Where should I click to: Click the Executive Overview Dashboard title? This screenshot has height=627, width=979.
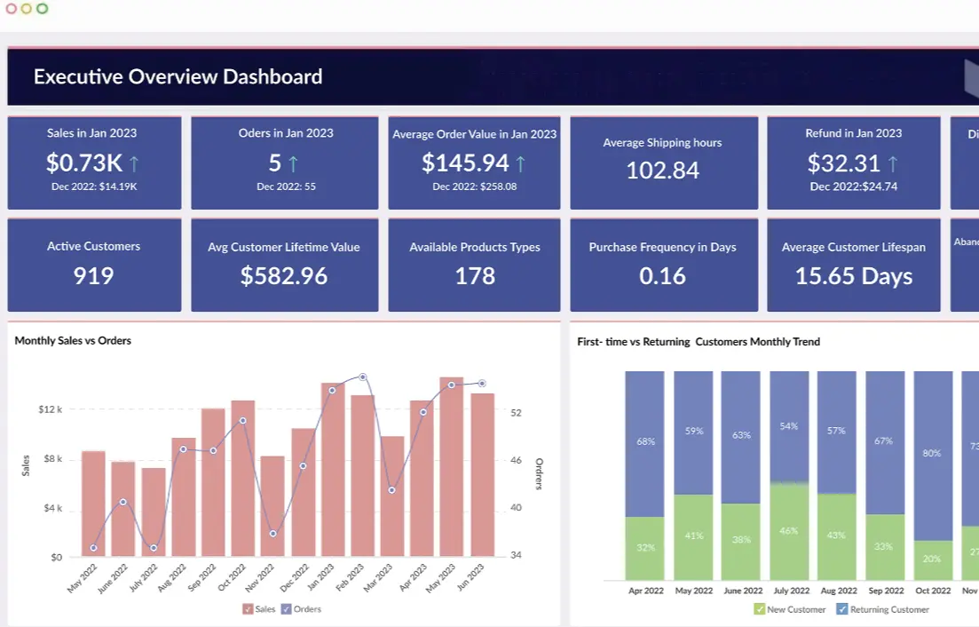click(x=178, y=77)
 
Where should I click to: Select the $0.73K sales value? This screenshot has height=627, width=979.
click(x=84, y=163)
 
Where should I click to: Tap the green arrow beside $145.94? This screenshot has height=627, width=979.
click(x=520, y=163)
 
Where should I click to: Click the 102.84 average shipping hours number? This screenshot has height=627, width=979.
click(x=662, y=171)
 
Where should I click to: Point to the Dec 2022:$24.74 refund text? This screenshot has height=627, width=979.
click(x=853, y=187)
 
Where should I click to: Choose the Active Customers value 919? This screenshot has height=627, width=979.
click(x=93, y=275)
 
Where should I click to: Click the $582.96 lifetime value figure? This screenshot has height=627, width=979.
click(x=283, y=276)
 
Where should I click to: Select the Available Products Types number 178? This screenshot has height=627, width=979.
click(x=474, y=276)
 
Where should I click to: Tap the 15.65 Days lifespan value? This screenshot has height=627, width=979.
click(x=853, y=276)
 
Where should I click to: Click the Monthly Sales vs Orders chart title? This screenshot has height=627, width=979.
click(x=73, y=340)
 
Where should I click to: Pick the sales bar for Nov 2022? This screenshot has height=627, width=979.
click(x=272, y=506)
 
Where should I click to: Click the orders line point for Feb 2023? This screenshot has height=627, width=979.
click(x=362, y=377)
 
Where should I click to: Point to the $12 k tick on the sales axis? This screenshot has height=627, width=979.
click(x=50, y=409)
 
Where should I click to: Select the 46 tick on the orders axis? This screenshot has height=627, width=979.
click(x=517, y=461)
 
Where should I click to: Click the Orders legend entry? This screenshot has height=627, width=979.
click(x=302, y=609)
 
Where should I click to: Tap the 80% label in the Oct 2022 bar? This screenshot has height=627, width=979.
click(x=932, y=453)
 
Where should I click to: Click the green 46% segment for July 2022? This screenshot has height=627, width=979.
click(x=789, y=531)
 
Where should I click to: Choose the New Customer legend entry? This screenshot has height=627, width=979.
click(x=790, y=609)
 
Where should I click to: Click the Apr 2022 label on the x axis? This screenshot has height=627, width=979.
click(x=645, y=591)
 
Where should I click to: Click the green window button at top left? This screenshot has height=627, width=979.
click(x=42, y=9)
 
